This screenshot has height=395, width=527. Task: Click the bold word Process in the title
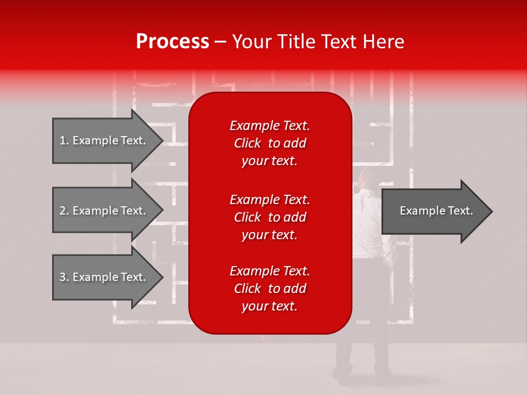tap(172, 41)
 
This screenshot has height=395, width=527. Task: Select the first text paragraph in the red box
tap(270, 143)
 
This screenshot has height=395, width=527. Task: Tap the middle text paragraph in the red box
tap(270, 217)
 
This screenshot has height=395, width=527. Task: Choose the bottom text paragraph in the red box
tap(270, 289)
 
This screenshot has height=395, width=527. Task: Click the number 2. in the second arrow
tap(64, 211)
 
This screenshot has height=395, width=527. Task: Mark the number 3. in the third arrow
tap(64, 277)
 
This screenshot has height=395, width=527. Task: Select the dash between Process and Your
tap(220, 42)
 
